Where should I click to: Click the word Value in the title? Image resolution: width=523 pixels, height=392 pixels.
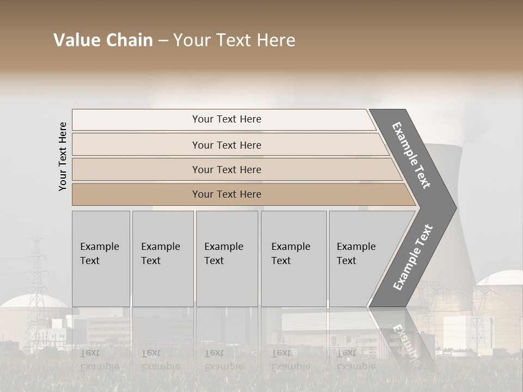[77, 40]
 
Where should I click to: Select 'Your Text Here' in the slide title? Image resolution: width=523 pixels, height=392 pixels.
[234, 40]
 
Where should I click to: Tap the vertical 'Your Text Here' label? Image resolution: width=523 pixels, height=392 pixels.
[63, 156]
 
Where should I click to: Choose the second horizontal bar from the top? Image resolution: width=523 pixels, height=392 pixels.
[226, 145]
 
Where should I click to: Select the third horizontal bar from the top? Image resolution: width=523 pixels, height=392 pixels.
[226, 169]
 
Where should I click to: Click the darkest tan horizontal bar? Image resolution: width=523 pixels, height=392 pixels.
[226, 194]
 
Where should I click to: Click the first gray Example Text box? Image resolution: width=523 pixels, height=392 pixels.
[101, 259]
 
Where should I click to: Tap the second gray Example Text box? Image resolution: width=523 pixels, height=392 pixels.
[163, 259]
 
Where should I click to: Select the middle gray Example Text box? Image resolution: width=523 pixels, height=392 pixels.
[227, 259]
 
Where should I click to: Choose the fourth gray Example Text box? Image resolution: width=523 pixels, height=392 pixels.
[294, 259]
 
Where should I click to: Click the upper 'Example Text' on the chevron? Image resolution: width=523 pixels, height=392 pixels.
[411, 155]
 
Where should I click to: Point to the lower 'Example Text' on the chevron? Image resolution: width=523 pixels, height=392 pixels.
[413, 258]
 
